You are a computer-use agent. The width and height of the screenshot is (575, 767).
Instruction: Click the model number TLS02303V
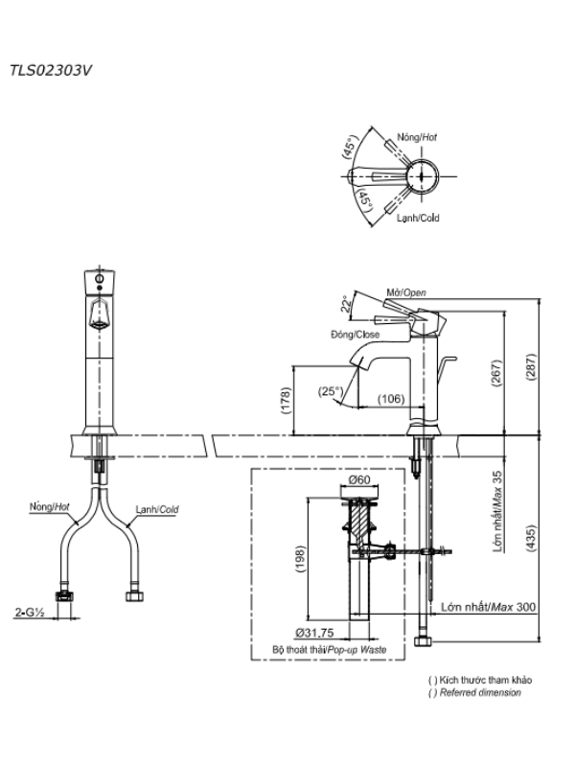(x=51, y=71)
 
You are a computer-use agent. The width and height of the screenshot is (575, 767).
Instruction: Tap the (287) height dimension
(x=531, y=366)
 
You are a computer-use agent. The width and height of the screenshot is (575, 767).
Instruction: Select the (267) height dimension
(x=496, y=373)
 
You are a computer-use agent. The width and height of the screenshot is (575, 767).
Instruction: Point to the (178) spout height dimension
(x=286, y=400)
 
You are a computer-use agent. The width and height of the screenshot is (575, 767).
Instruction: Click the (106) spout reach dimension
(x=391, y=399)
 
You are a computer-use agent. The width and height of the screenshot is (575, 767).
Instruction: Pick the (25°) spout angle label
(x=331, y=391)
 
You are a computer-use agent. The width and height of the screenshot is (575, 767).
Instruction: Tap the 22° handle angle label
(x=347, y=304)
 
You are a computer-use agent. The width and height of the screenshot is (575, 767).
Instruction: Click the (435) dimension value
(x=531, y=539)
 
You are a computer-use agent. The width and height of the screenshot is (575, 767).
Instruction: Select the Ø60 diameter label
(x=359, y=480)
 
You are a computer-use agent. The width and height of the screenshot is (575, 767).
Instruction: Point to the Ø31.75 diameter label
(x=314, y=633)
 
